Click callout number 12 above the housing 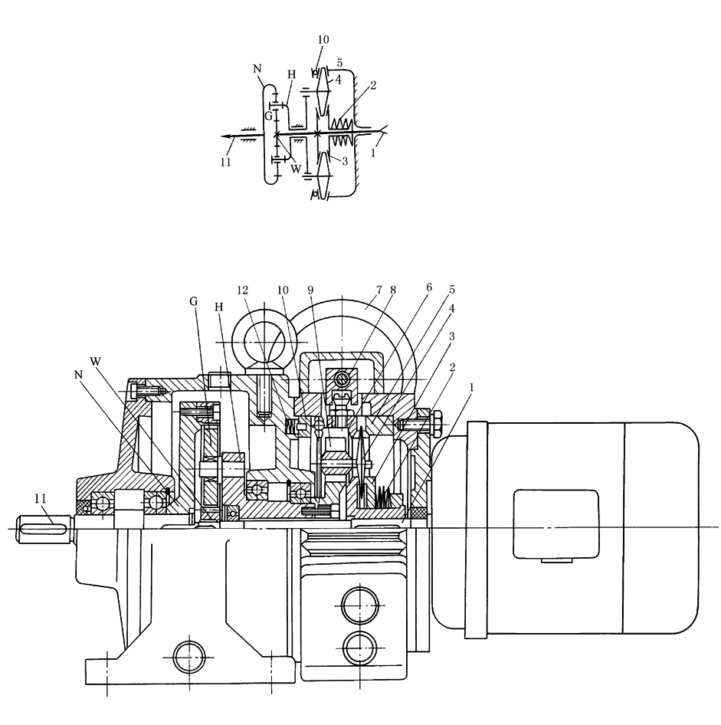tap(243, 290)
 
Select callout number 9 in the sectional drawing tap(310, 290)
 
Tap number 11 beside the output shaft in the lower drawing tap(40, 498)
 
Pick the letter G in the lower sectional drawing tap(193, 302)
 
